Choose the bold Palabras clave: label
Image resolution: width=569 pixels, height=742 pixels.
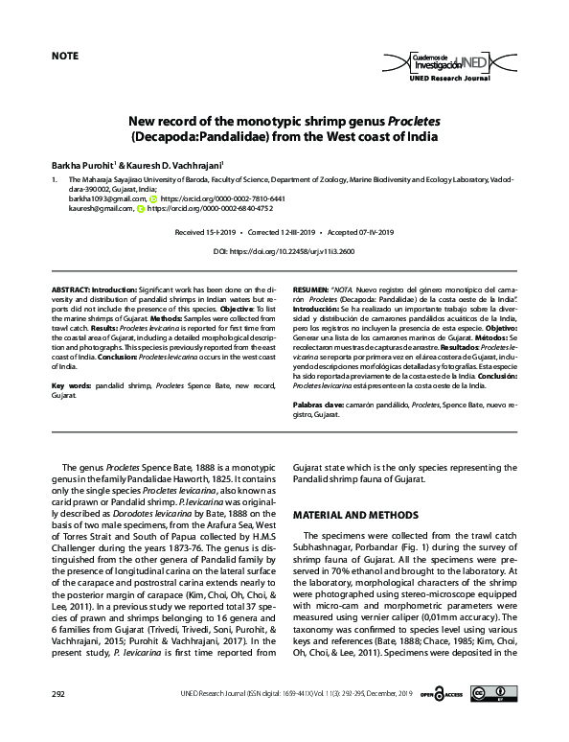320,406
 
